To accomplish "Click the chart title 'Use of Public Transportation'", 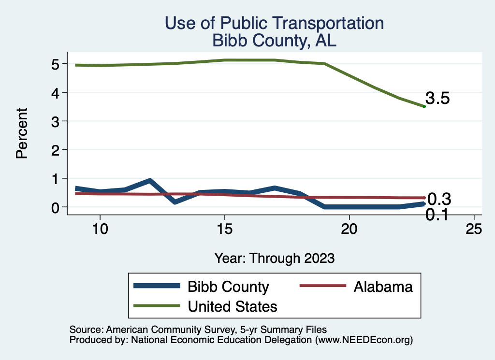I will coord(274,23).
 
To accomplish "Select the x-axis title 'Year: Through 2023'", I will coord(274,258).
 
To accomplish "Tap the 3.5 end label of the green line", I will coord(437,99).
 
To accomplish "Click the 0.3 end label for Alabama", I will coord(439,199).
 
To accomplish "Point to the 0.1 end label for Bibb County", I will coord(437,215).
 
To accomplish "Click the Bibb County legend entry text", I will coord(228,287).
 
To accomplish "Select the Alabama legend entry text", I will coord(383,287).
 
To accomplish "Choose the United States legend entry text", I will coord(233,306).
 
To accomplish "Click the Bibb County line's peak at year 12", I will coord(150,181).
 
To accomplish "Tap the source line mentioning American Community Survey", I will coord(198,330).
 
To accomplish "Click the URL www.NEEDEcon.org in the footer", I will coord(364,340).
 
